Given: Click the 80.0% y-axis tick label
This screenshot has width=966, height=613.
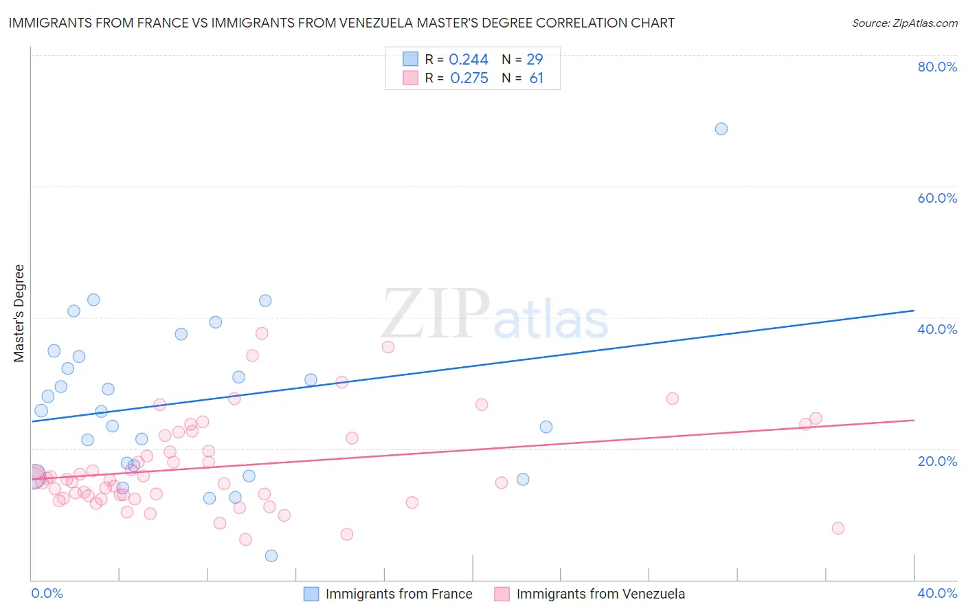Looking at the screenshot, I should point(937,67).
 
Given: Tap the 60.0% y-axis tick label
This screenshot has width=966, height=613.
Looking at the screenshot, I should point(937,198).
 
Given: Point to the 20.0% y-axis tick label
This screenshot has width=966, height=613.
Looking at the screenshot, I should point(937,460).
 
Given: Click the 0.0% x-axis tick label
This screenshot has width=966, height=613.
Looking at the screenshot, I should point(47,593).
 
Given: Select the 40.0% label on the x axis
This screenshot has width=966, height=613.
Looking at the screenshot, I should point(937,593).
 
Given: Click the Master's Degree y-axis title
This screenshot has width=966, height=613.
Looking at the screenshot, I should point(19,313).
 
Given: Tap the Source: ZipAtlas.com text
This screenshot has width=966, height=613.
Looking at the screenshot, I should point(904,23).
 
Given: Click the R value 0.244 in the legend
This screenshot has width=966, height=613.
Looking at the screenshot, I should point(469,60).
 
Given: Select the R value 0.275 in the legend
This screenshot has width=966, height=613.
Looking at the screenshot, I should point(469,78).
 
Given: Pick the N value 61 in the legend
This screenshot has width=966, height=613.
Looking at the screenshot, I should point(537,78).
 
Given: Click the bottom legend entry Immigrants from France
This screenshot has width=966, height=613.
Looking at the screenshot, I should point(398,594).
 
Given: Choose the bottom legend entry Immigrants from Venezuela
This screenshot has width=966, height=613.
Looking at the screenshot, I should point(600,594).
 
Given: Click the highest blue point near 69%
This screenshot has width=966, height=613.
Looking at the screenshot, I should point(721,129).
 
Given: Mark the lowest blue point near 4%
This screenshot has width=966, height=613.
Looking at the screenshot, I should point(271,555).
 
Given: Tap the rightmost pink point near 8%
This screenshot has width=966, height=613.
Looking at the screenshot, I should point(838,528).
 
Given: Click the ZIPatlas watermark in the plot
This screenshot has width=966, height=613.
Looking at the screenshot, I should point(495,315).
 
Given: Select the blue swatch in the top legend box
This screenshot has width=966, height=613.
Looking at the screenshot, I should point(410,60).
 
